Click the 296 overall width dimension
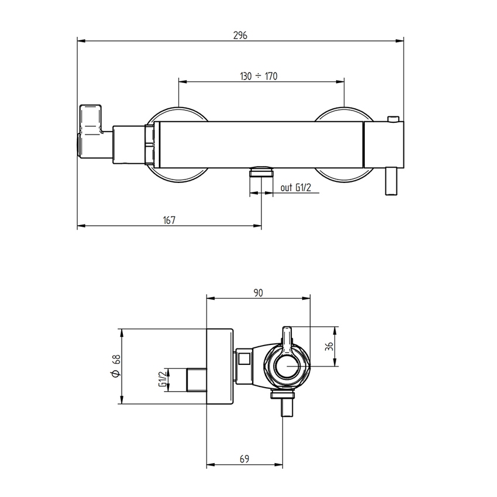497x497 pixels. click(x=240, y=35)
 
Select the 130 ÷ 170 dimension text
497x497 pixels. click(x=258, y=76)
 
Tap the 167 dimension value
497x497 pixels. click(x=170, y=220)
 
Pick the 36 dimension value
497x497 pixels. click(x=329, y=346)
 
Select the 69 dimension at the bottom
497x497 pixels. click(x=244, y=460)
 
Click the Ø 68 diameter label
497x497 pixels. click(x=116, y=367)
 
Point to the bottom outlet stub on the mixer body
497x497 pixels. click(x=261, y=172)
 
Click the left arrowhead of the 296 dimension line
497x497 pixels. click(x=81, y=41)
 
